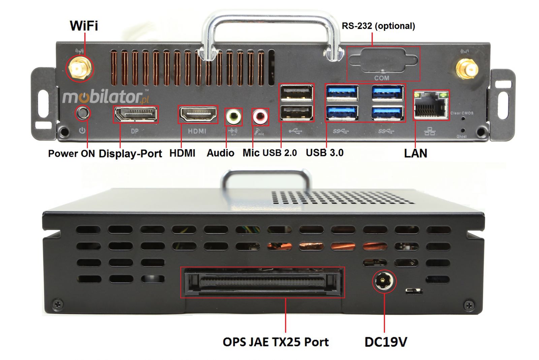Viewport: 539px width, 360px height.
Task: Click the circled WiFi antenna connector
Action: click(80, 68)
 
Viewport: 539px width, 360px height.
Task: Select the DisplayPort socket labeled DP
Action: click(135, 114)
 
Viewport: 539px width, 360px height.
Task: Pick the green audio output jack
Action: click(233, 117)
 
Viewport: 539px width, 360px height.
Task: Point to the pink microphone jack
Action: click(260, 117)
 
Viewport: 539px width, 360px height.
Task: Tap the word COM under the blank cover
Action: click(381, 78)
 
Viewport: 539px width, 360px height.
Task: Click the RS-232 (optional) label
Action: click(378, 26)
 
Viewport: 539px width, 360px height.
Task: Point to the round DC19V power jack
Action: click(384, 281)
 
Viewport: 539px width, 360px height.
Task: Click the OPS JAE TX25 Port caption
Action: click(275, 342)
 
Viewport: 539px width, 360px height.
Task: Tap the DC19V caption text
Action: click(385, 342)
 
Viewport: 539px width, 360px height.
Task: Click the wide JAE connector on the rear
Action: click(262, 282)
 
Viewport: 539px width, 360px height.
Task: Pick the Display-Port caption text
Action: click(130, 153)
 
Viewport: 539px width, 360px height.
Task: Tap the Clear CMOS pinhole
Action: click(463, 118)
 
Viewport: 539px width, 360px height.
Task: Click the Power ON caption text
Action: click(71, 153)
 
